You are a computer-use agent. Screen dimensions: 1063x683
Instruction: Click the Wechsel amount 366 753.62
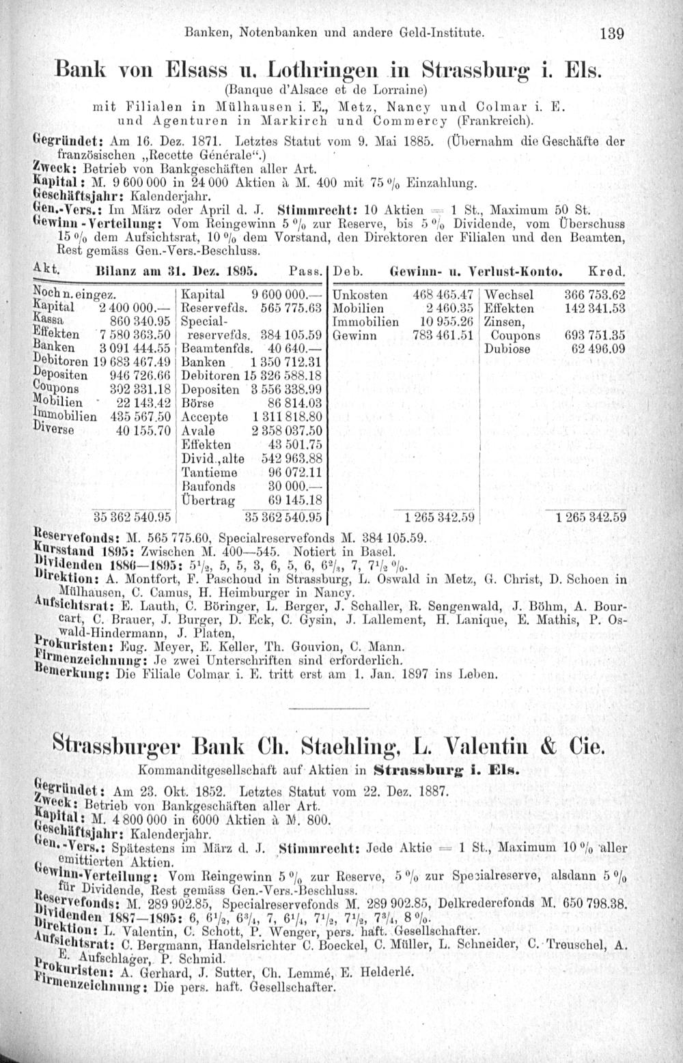coord(595,295)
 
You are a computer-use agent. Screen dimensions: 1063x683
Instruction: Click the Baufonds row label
coord(208,486)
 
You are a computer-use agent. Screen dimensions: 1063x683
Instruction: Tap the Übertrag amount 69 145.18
coord(295,500)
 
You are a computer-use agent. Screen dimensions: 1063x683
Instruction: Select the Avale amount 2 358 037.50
coord(286,431)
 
